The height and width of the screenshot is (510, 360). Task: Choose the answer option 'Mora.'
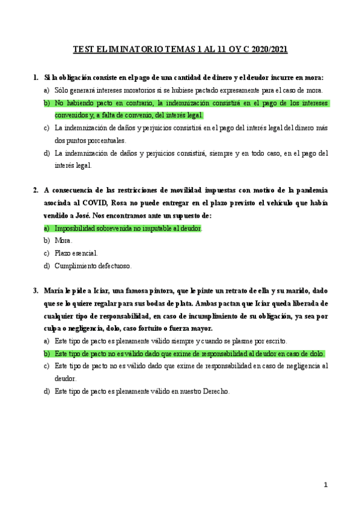(63, 241)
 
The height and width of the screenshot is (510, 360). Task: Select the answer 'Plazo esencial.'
(76, 253)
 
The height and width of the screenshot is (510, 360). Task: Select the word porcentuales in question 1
(99, 140)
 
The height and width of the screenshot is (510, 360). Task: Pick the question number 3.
(35, 290)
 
